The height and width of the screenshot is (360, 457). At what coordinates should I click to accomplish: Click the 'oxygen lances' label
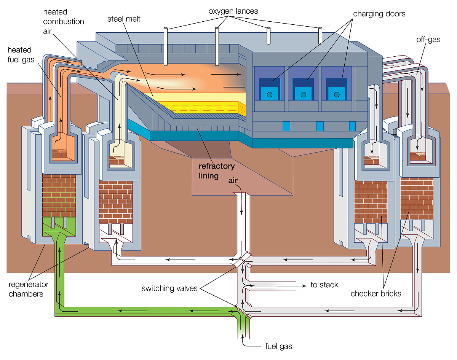pos(233,11)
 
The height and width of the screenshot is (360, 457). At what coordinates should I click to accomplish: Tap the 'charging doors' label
pos(379,14)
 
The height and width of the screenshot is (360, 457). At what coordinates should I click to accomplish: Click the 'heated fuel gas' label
pos(19,54)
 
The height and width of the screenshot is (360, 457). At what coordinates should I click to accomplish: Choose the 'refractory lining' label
pos(217,171)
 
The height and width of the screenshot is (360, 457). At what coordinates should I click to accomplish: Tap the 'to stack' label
pos(324,285)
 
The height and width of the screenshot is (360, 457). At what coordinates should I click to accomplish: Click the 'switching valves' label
pos(169,288)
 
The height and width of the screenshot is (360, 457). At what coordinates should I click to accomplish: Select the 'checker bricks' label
pos(376,293)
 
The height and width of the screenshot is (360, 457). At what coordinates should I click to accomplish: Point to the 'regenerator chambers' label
pos(29,289)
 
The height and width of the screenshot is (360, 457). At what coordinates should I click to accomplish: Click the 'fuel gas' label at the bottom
pos(278,346)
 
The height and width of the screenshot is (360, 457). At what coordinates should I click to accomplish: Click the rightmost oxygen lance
pos(320,35)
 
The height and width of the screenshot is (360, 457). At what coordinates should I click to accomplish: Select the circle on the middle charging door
pos(303,94)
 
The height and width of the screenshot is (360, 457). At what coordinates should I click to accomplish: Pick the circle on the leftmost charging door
pos(270,94)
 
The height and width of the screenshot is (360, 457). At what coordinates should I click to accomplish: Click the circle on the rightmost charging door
pos(337,94)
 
